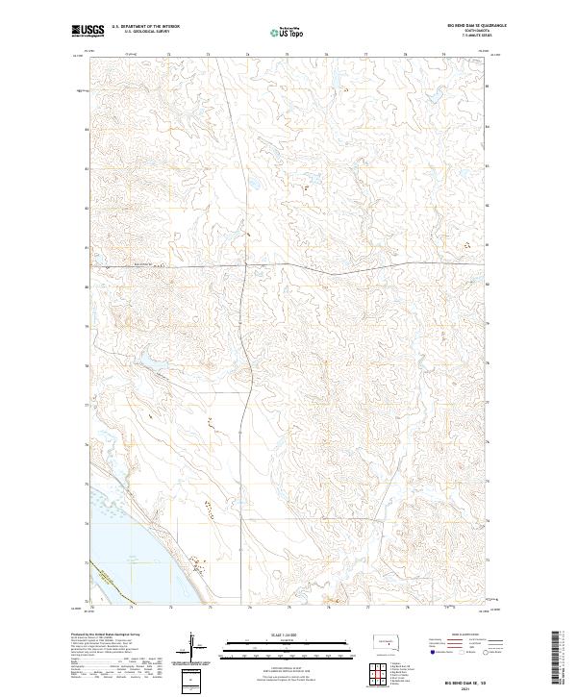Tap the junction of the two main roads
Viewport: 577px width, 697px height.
[246, 263]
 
